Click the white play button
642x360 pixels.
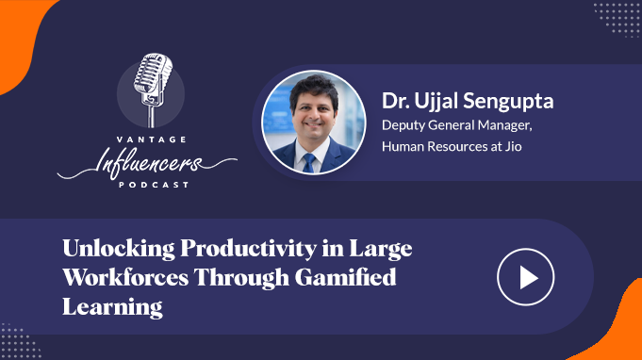525,278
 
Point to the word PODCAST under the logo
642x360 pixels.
146,184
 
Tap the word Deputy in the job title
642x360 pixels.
403,123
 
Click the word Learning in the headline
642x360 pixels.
112,307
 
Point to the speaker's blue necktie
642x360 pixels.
308,161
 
